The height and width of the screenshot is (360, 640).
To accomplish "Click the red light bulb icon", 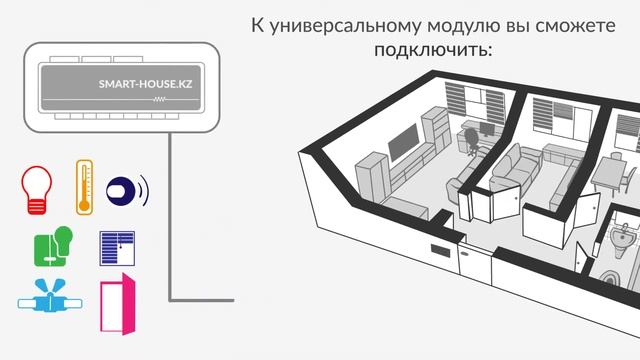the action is (x=36, y=190).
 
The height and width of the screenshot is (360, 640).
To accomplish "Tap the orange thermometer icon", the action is (x=85, y=185).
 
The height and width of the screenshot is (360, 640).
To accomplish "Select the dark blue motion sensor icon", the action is (x=122, y=189).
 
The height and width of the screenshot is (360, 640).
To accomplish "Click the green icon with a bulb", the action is (x=54, y=245).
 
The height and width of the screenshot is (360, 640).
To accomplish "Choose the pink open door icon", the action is (x=116, y=304).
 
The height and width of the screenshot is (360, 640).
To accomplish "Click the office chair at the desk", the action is (x=469, y=140).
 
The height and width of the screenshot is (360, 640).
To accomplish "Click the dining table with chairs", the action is (x=612, y=176).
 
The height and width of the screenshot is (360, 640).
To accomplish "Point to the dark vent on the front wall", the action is (x=438, y=251).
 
